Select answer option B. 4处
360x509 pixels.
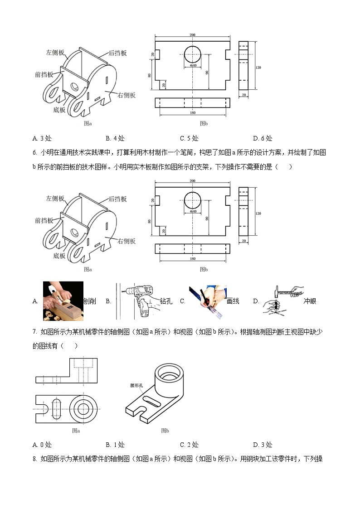[115, 138]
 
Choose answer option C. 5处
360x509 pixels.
[189, 138]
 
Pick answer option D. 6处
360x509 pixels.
[263, 138]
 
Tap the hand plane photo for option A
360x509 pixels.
[63, 301]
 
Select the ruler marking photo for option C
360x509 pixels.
[208, 301]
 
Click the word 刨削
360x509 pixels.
[90, 301]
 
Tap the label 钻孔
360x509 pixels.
[166, 301]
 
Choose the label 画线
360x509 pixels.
[233, 301]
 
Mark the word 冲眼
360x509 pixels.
[310, 301]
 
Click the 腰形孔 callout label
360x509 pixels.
[136, 386]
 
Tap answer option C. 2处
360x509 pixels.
[189, 445]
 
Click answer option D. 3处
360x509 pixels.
[263, 445]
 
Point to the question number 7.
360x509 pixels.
[34, 332]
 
